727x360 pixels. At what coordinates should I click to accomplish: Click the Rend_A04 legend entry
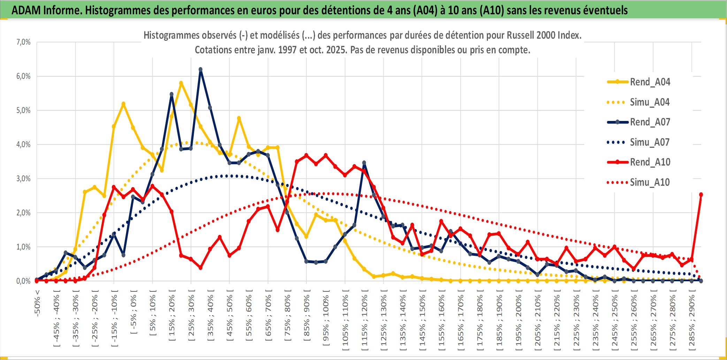650,82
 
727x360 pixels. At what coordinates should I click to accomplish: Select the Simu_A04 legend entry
650,102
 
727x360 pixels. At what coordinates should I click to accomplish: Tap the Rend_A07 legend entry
650,122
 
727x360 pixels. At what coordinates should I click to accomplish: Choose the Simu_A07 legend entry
650,142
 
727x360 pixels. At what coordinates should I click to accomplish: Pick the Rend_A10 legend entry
650,162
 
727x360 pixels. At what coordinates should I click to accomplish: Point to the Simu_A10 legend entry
650,182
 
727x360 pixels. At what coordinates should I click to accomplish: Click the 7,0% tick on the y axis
23,42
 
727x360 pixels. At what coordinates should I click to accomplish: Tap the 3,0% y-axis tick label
23,179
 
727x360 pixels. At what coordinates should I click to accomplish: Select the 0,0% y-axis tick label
23,281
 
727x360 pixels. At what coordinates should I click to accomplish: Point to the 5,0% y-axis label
23,110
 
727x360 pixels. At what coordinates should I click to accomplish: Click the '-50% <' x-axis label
37,303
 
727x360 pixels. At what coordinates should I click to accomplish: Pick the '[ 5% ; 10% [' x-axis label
153,315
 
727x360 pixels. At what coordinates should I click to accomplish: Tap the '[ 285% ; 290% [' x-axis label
692,322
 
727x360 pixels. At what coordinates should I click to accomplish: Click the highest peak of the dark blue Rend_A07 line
200,69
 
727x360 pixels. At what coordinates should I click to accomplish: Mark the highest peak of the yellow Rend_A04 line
181,83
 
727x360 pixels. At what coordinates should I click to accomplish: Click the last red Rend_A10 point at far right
701,194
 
